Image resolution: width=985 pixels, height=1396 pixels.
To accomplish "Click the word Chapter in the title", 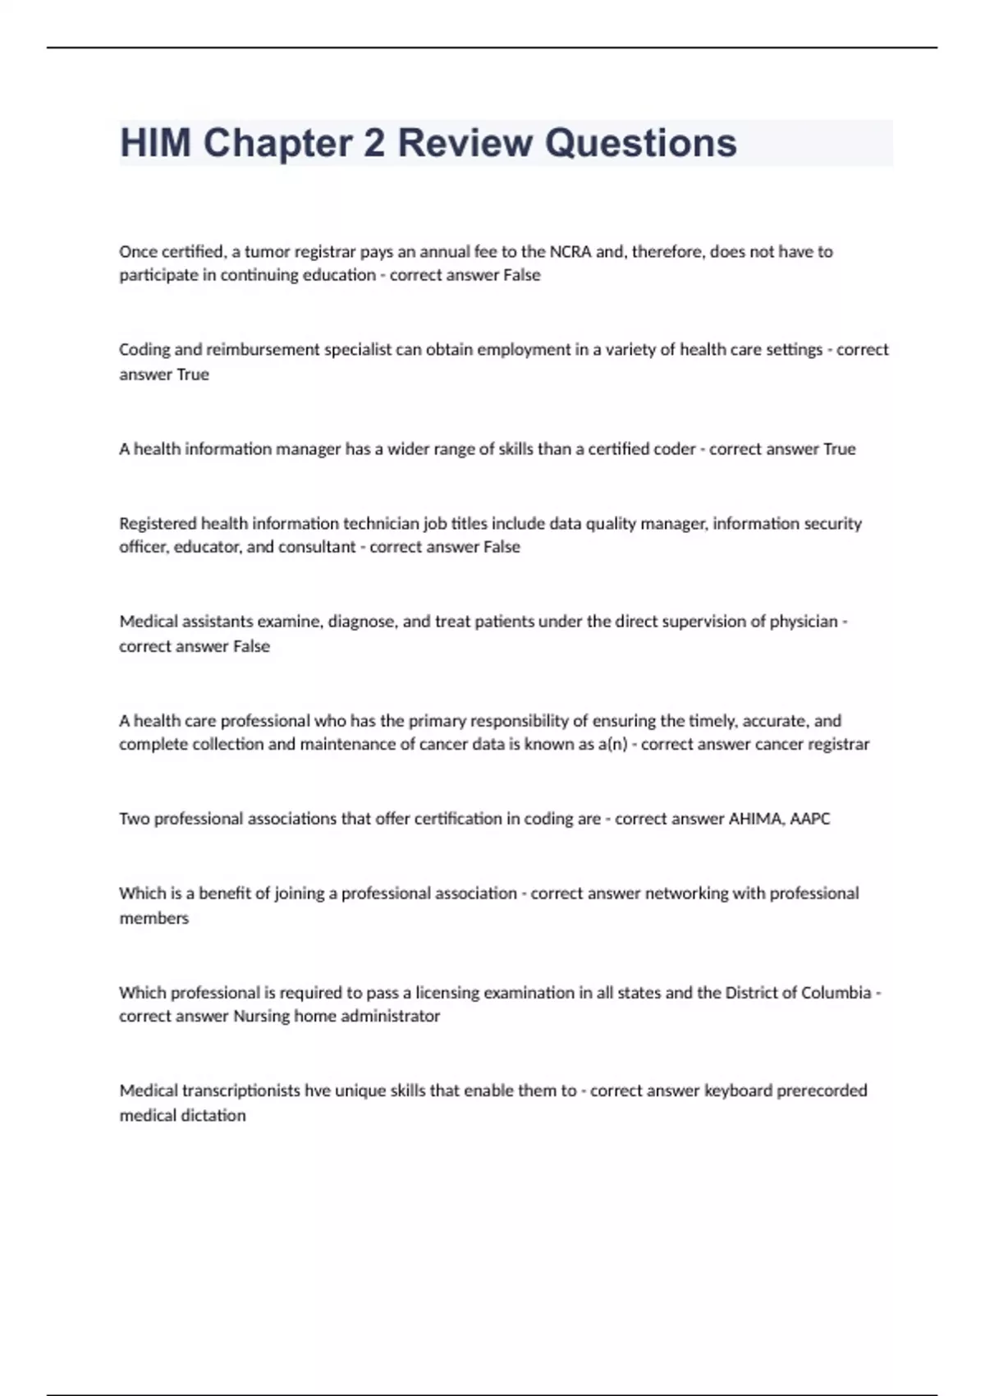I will pyautogui.click(x=277, y=143).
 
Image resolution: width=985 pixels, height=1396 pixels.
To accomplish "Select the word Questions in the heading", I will pyautogui.click(x=640, y=143).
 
